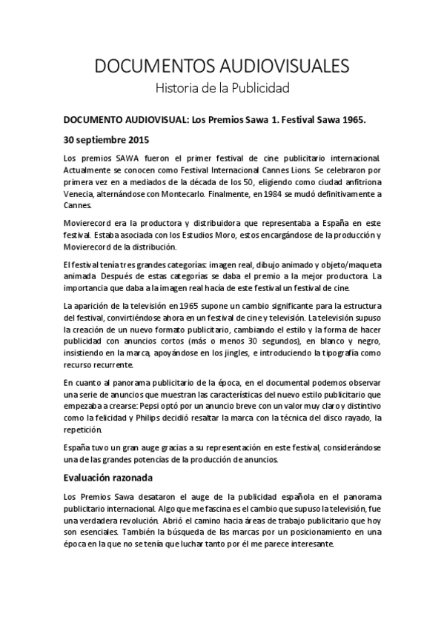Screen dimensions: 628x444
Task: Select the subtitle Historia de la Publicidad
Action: click(x=222, y=88)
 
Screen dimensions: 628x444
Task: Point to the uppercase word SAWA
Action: click(x=118, y=158)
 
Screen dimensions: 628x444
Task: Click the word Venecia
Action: click(x=79, y=194)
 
